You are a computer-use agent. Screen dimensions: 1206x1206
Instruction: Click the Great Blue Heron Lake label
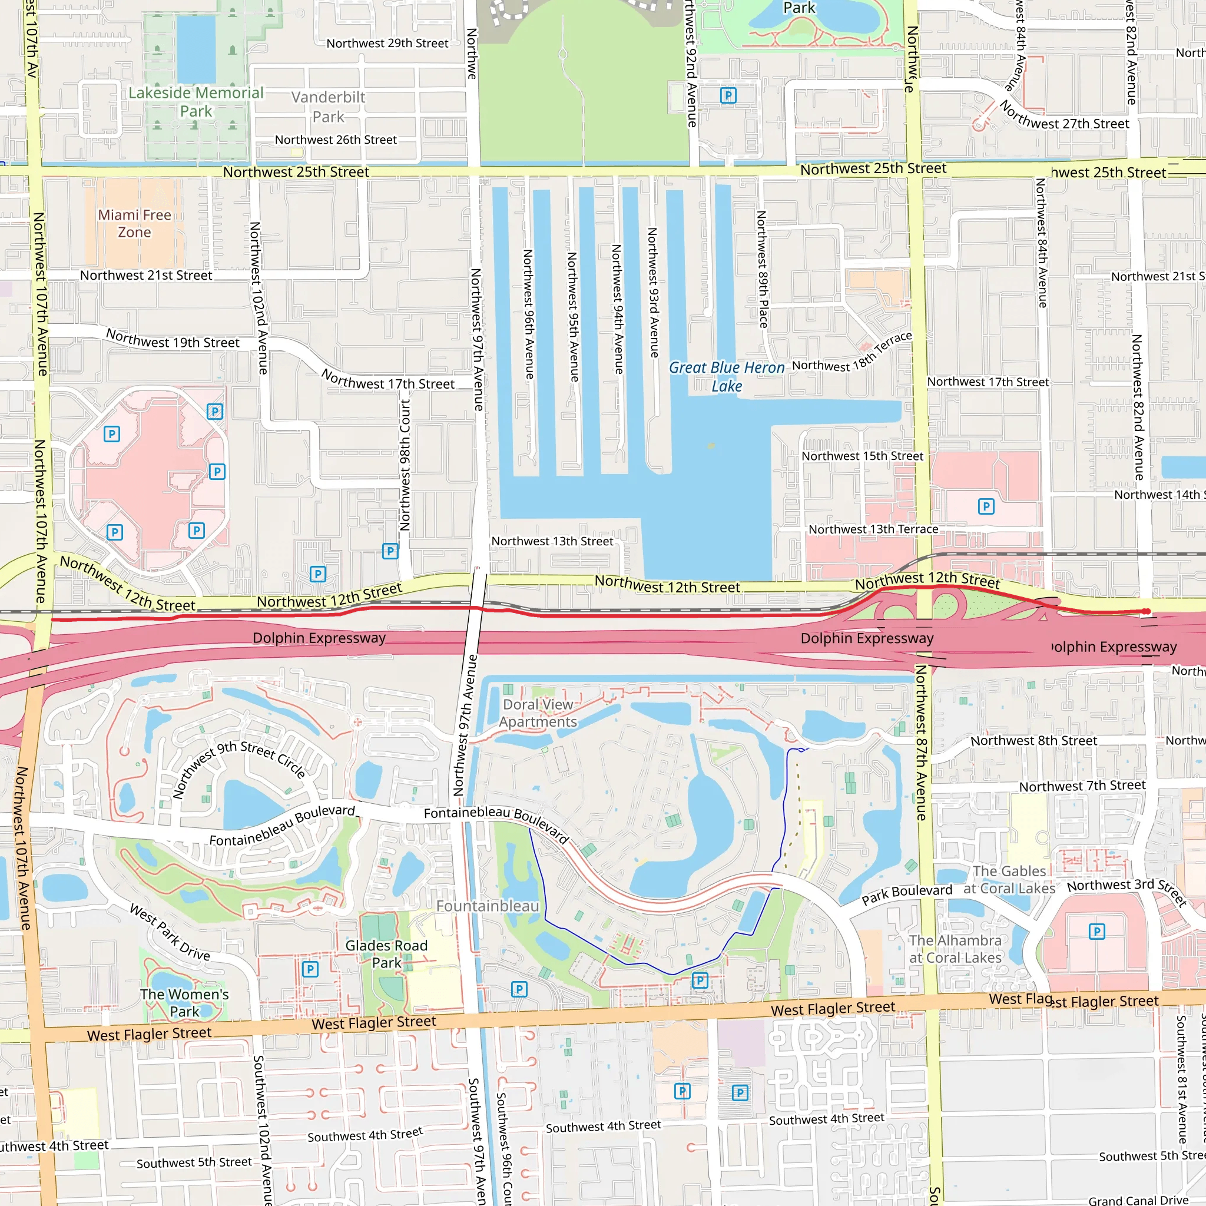[x=727, y=376]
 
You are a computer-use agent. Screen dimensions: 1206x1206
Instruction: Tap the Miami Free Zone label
[x=134, y=223]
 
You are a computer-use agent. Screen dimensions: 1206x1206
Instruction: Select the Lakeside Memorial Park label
[x=196, y=102]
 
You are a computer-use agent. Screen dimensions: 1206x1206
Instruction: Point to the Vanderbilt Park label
[x=329, y=107]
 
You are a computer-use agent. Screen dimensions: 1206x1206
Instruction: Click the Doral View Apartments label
[x=538, y=713]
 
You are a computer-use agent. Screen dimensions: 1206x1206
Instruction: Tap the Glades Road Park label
[x=386, y=954]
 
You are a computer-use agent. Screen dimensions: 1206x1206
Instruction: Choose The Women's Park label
[x=184, y=1002]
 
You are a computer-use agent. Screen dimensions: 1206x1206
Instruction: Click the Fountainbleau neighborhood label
[x=487, y=906]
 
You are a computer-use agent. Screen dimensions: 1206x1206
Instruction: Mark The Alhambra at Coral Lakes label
[x=955, y=949]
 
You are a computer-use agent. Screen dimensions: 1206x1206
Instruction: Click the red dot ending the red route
[x=1146, y=611]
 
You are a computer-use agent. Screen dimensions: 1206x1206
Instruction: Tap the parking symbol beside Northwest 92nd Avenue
[x=728, y=95]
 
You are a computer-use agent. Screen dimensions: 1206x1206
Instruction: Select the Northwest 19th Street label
[x=173, y=339]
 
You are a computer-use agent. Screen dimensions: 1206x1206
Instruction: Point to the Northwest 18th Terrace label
[x=852, y=353]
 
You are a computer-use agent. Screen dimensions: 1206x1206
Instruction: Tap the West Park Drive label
[x=170, y=932]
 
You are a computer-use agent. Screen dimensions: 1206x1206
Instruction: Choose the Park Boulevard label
[x=906, y=894]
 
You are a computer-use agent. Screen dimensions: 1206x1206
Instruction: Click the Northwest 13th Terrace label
[x=873, y=529]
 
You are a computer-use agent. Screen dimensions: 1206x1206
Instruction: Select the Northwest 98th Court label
[x=405, y=465]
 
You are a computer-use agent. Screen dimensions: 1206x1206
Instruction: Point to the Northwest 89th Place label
[x=761, y=269]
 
